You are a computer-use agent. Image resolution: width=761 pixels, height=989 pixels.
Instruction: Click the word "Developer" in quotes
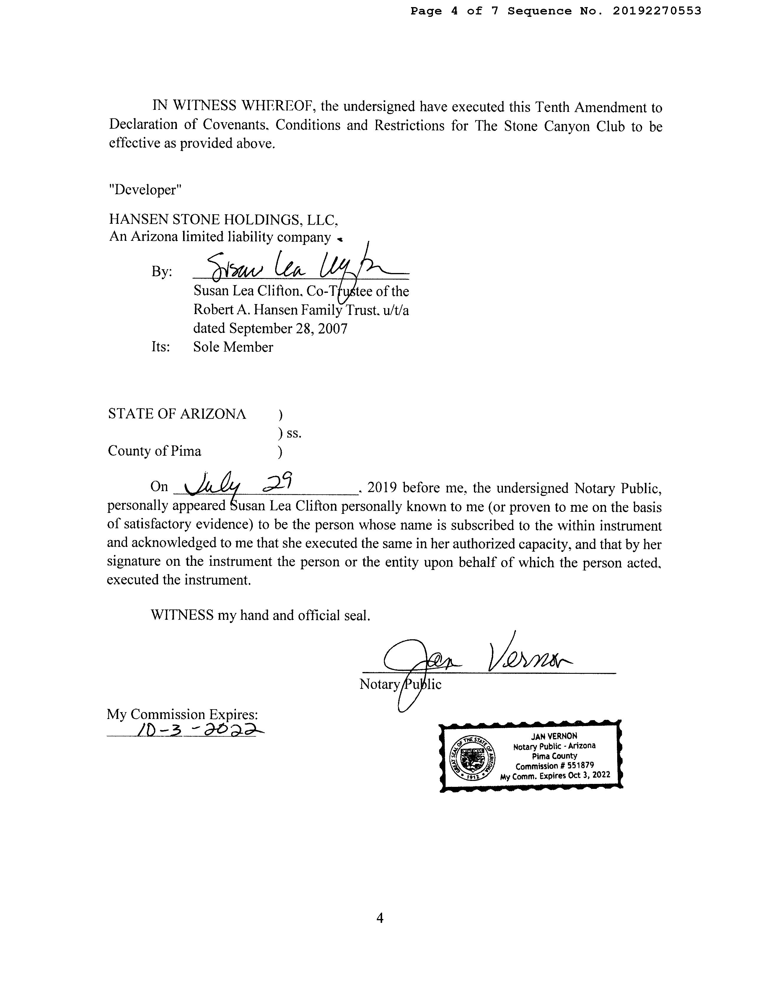coord(145,190)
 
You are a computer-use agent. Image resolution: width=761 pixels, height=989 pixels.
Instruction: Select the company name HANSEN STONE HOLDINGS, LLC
coord(223,220)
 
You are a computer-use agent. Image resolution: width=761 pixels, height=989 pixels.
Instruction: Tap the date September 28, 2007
coord(288,328)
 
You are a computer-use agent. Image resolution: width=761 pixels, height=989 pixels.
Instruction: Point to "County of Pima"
coord(154,451)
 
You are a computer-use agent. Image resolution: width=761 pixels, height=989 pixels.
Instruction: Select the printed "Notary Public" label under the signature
coord(400,684)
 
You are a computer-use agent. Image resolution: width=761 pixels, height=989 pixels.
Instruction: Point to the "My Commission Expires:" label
coord(182,714)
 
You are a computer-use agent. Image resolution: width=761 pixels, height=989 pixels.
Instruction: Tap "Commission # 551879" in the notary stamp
coord(555,766)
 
